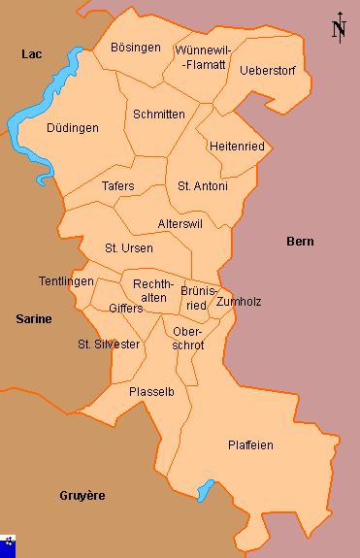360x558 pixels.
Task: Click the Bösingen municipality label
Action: click(x=135, y=48)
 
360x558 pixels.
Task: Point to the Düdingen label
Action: click(x=73, y=127)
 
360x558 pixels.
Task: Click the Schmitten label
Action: click(x=159, y=115)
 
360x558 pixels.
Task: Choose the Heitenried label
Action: click(x=236, y=146)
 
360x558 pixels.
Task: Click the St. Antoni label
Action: click(x=203, y=185)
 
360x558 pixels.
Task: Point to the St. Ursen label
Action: click(x=129, y=248)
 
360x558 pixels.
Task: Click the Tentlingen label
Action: click(x=66, y=281)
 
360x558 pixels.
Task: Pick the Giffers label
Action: click(x=126, y=309)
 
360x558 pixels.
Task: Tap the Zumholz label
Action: click(x=239, y=302)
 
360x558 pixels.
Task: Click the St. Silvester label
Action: click(x=109, y=345)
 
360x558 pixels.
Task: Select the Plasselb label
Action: click(x=151, y=391)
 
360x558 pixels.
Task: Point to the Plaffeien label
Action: click(x=250, y=445)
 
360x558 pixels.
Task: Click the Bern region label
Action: click(x=300, y=241)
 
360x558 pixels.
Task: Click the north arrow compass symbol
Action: click(x=339, y=28)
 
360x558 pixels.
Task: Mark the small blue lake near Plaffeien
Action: click(x=206, y=490)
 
